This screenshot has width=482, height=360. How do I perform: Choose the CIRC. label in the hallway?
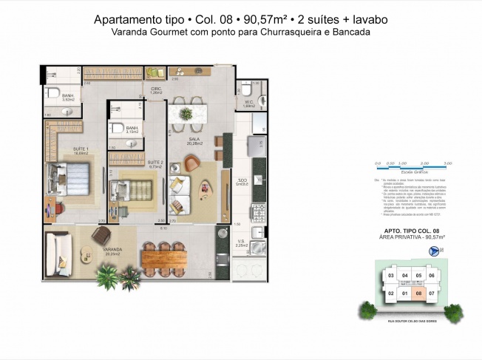156,90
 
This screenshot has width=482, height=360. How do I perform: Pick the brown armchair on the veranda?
101,235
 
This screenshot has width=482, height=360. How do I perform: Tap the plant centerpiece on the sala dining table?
187,114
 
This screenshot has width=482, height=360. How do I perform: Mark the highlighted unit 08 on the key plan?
419,293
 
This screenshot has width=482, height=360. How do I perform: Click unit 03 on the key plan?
390,276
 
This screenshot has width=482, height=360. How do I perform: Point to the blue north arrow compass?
433,251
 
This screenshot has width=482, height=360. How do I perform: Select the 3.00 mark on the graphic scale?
448,163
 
